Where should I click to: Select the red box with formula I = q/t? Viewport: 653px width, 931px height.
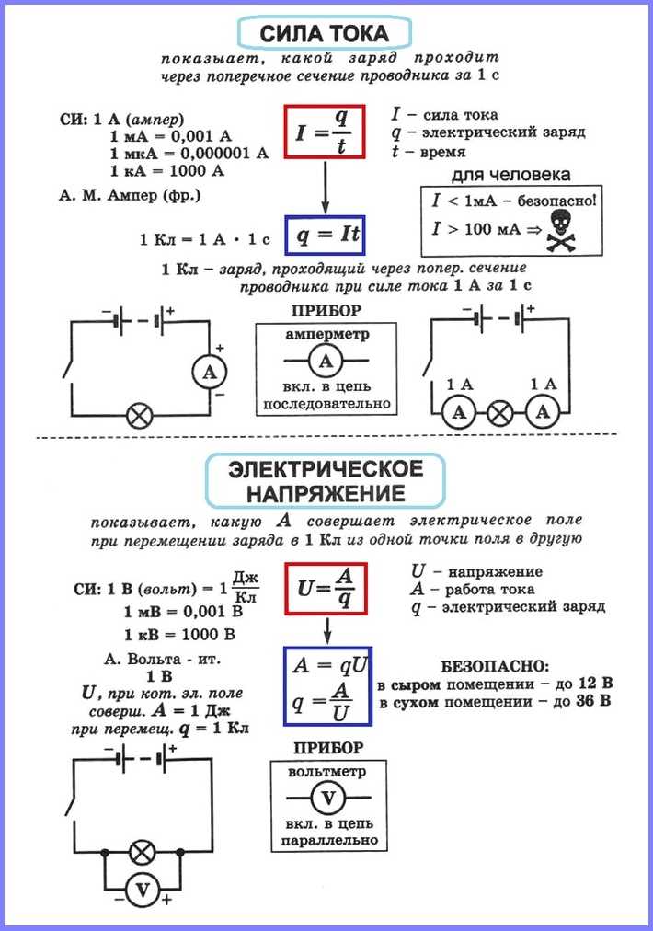(325, 132)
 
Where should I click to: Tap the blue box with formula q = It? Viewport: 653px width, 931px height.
(325, 236)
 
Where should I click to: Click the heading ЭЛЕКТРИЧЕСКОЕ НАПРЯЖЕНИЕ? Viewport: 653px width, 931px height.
(326, 481)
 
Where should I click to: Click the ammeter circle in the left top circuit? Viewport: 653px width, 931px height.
(210, 372)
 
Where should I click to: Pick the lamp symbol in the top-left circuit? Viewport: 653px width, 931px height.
(139, 416)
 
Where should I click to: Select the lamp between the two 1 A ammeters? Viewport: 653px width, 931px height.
(499, 413)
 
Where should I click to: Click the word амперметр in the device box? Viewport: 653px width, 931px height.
(326, 335)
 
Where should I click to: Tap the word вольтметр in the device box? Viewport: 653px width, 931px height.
(326, 771)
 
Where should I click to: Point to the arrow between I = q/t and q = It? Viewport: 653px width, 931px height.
(325, 188)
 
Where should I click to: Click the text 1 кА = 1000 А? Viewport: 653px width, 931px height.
(168, 171)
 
